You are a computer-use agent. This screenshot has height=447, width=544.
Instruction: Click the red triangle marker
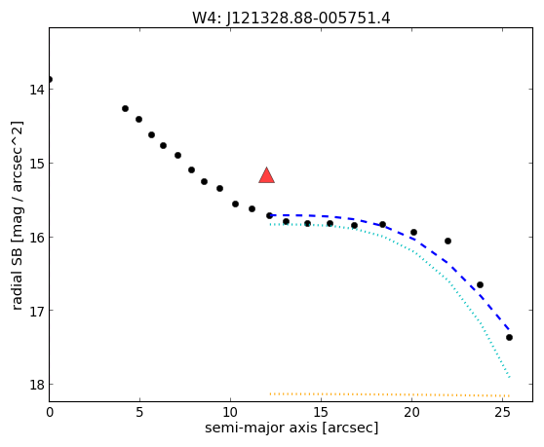pos(266,175)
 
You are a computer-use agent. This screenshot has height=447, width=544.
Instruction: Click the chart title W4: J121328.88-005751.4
pos(291,19)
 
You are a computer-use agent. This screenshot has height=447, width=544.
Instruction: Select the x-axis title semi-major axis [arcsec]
pos(291,428)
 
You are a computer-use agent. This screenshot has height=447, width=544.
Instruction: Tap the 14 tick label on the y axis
pos(36,90)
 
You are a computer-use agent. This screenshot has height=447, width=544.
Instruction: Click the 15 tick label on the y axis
pos(36,164)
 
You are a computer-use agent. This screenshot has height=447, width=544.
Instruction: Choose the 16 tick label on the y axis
pos(36,238)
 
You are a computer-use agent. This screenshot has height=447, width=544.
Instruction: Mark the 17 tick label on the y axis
pos(36,311)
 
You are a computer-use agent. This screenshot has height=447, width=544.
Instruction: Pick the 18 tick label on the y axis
pos(36,385)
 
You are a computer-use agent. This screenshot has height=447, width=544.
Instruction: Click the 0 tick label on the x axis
pos(50,412)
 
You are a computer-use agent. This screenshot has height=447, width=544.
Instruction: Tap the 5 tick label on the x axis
pos(139,412)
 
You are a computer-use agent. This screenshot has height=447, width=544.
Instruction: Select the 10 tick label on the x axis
pos(230,412)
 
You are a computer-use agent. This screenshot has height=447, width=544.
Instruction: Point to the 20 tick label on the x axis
pos(411,412)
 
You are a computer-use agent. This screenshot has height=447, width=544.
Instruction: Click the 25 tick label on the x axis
pos(502,412)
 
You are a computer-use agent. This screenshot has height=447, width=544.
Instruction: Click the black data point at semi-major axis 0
pos(50,79)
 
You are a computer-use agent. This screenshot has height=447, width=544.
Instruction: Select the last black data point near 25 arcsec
pos(509,338)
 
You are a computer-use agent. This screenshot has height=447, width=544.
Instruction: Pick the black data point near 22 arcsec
pos(447,241)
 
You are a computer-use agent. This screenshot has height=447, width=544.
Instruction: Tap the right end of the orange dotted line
pos(509,395)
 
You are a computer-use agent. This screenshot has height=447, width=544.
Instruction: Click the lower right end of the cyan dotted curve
pos(509,377)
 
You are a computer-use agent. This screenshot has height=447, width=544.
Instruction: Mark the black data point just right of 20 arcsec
pos(413,232)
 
